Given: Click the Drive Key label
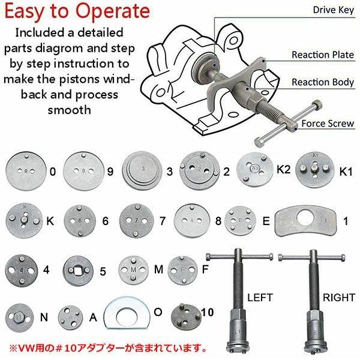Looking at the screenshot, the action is coord(334,10).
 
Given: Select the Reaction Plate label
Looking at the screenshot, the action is coord(323,55).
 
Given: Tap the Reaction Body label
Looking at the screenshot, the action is coord(323,82).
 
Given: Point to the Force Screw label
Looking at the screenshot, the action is coord(328,124).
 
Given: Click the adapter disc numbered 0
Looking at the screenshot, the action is coord(26,171).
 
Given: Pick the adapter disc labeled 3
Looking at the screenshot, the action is coord(142,170).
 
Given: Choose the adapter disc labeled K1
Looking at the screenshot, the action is coord(315,170).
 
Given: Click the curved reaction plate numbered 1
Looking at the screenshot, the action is coord(306,221).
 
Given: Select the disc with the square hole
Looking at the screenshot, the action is coord(78,271).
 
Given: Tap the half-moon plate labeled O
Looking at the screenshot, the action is coord(127,313).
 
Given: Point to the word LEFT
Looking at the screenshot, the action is coord(260,298).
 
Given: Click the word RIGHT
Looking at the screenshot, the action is coord(339,298).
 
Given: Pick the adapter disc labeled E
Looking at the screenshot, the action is coord(240,221).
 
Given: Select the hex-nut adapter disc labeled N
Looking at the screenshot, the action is coord(19,317).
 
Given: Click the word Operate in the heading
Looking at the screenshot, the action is coord(113,11).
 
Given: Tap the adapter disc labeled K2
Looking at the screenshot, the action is coord(255,169).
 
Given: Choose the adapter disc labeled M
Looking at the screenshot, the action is coord(133,270).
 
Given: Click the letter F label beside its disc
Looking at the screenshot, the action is coord(205,269).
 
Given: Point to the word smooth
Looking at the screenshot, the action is coord(70,110).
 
